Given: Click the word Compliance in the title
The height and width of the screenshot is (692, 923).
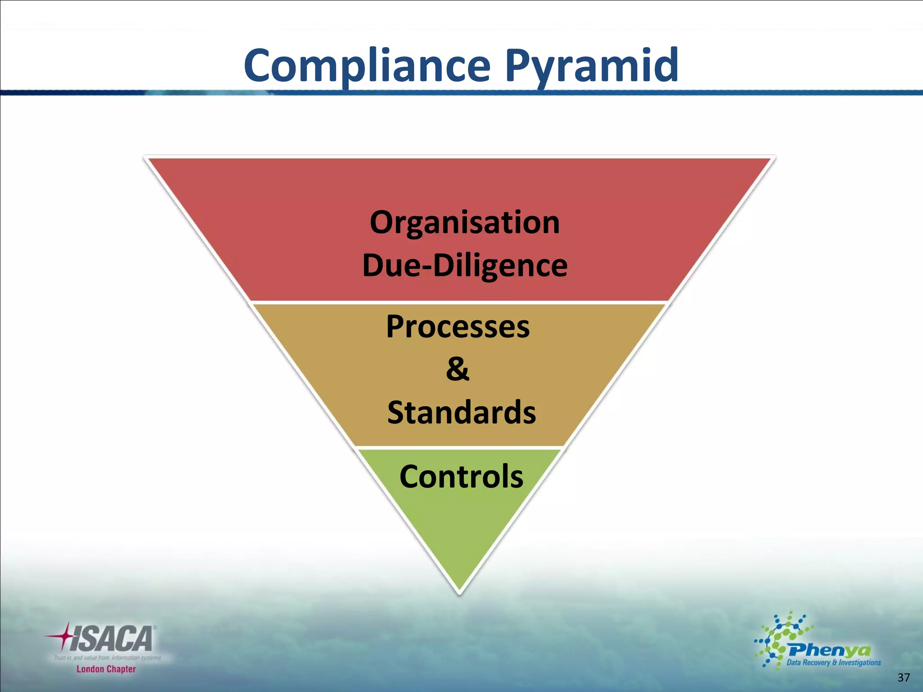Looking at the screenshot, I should (366, 66).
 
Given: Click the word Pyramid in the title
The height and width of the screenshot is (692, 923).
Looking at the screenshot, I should (591, 66).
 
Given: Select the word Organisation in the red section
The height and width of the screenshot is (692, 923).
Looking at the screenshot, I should (465, 223).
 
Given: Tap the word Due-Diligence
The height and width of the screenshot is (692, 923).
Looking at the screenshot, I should (465, 265).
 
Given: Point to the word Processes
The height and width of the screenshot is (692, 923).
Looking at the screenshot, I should (458, 327).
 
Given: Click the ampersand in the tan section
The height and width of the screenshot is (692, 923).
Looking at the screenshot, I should (457, 369).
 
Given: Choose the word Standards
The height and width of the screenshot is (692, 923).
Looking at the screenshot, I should (461, 412).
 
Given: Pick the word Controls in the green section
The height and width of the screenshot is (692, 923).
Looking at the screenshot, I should (461, 477).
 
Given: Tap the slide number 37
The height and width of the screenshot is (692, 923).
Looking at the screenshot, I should (904, 678).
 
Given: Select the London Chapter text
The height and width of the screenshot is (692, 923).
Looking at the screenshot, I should (106, 669).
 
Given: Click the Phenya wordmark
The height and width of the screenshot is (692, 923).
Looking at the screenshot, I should (829, 650).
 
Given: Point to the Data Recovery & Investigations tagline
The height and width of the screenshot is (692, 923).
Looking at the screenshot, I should (833, 663).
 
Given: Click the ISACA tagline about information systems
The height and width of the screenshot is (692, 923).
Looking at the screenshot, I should (107, 658).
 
